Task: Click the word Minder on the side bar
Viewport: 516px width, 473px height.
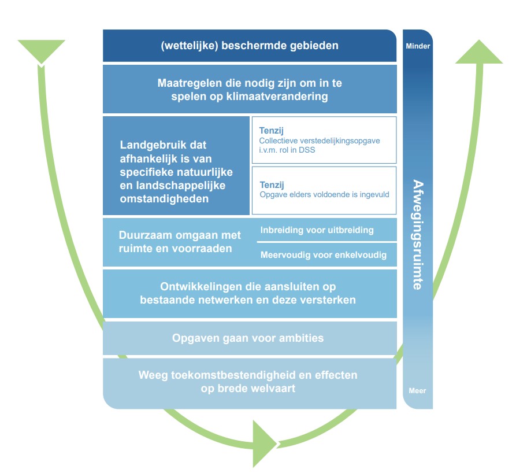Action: [418, 46]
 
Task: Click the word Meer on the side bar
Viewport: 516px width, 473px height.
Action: [417, 391]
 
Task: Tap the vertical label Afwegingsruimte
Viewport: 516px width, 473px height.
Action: [417, 234]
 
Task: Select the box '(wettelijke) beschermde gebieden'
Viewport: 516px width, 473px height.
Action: [250, 46]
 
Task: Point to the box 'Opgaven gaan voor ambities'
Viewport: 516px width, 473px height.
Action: [250, 338]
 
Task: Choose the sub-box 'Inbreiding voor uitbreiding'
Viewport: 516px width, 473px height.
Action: [317, 230]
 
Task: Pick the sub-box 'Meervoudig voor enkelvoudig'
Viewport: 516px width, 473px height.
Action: [323, 254]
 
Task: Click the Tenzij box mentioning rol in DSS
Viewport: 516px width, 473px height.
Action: [324, 140]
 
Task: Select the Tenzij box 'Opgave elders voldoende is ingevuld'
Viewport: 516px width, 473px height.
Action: [324, 190]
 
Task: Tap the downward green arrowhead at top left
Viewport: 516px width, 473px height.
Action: [41, 51]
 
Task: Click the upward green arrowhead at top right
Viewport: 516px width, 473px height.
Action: [479, 52]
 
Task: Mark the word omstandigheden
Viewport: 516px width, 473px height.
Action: [164, 198]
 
